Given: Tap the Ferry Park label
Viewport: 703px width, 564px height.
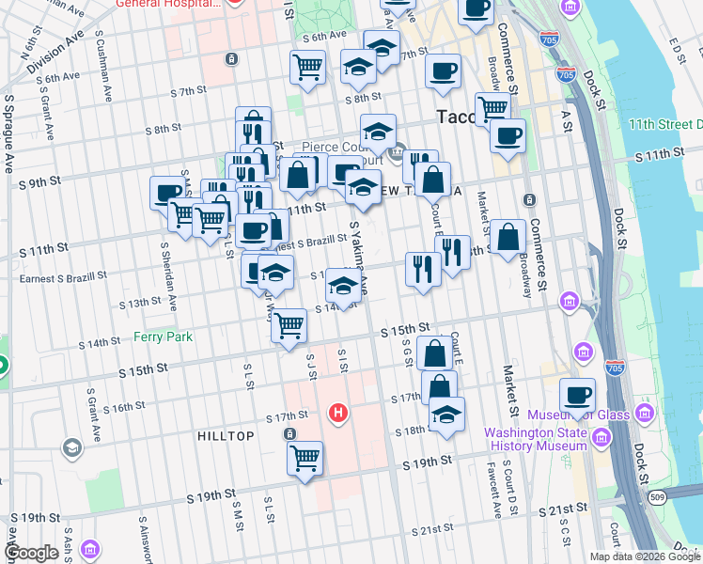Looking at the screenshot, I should click(x=163, y=336).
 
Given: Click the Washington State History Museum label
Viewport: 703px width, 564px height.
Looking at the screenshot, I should click(x=535, y=439).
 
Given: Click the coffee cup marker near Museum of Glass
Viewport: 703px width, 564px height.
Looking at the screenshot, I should click(x=577, y=395).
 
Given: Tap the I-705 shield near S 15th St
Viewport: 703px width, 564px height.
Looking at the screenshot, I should click(x=615, y=366).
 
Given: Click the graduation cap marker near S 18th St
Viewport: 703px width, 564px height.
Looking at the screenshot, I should click(x=446, y=414).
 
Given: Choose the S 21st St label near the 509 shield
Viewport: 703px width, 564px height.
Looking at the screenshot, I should click(x=563, y=508).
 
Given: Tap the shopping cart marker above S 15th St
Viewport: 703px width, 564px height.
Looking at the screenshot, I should click(x=289, y=325).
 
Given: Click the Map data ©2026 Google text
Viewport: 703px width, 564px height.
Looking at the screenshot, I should click(x=645, y=556).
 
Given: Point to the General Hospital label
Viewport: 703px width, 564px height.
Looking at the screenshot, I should click(x=168, y=4).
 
